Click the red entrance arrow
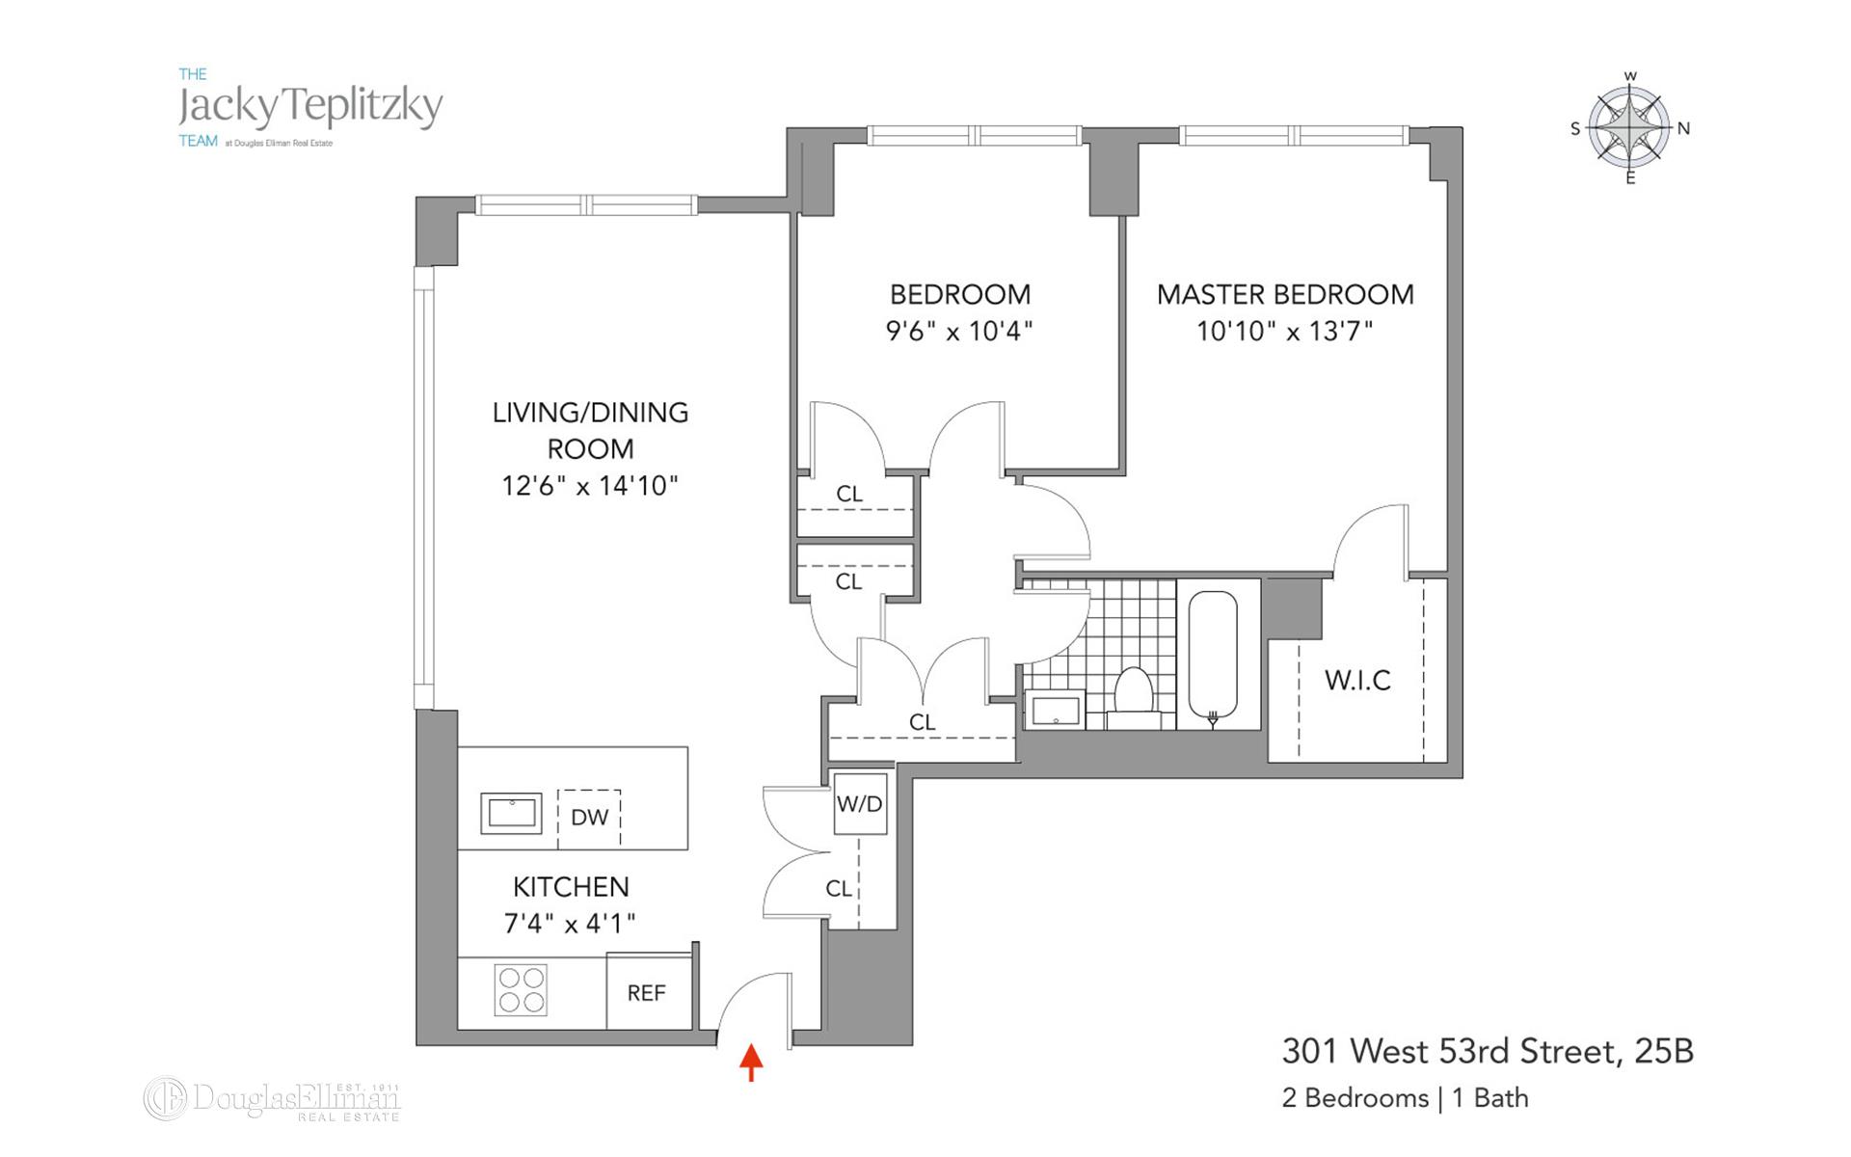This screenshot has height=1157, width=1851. point(751,1063)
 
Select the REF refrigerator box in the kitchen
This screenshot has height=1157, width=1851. point(647,993)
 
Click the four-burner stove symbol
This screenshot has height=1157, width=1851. point(521,989)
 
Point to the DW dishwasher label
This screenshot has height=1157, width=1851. point(589,818)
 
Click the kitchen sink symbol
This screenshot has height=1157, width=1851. point(511,813)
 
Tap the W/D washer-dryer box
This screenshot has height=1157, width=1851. point(859,804)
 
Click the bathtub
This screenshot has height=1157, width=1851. point(1212,656)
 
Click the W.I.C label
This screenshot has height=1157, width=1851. point(1357,681)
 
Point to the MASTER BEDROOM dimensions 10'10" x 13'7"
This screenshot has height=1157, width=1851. point(1284,332)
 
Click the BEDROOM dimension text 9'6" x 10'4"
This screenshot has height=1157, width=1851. point(958,332)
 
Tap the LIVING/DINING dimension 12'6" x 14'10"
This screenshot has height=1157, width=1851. point(590,486)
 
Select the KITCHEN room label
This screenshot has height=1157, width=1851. point(571,887)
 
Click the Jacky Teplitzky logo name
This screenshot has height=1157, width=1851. point(310,107)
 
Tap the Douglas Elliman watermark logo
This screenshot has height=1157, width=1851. point(273,1099)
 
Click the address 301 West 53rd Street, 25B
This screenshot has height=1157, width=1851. point(1487,1052)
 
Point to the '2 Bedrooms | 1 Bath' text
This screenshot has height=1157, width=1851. point(1405,1098)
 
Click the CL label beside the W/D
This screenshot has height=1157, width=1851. point(838,889)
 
